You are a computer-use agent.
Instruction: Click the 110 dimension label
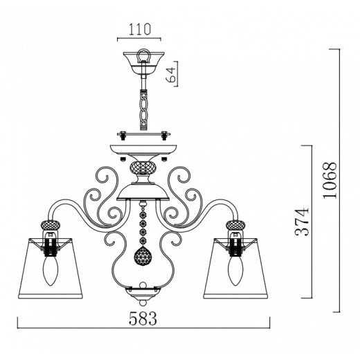[139, 29]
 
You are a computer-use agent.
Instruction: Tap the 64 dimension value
[171, 75]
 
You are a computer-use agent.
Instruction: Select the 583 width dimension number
[143, 318]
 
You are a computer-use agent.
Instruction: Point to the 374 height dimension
[302, 222]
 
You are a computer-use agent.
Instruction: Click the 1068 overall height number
[330, 180]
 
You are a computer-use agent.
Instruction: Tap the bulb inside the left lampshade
[51, 271]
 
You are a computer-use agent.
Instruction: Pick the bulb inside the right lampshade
[235, 271]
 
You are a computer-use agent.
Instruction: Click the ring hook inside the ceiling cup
[143, 55]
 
